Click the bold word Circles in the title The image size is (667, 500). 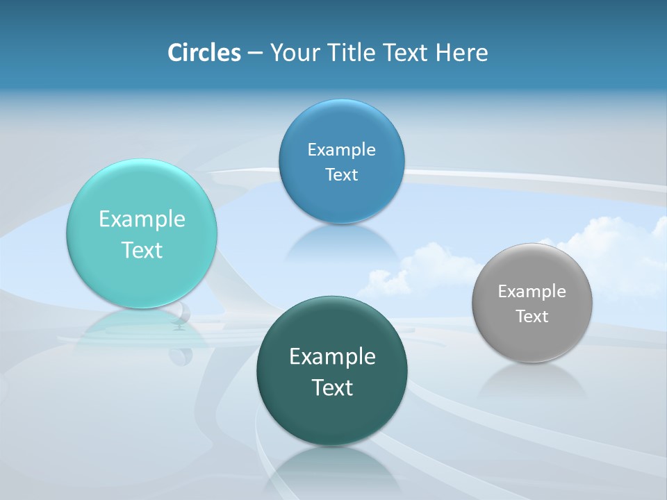pos(204,53)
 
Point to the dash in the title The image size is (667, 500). pos(255,53)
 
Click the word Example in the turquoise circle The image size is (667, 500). pos(142,219)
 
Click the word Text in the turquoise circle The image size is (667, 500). pos(142,250)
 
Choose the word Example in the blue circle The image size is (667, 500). pos(341,150)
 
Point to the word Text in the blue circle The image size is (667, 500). pos(341,175)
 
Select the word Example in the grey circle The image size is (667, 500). pos(532,292)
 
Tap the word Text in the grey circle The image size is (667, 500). pos(532,317)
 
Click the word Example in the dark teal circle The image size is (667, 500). pos(332,356)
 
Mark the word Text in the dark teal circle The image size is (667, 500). pos(332,387)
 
